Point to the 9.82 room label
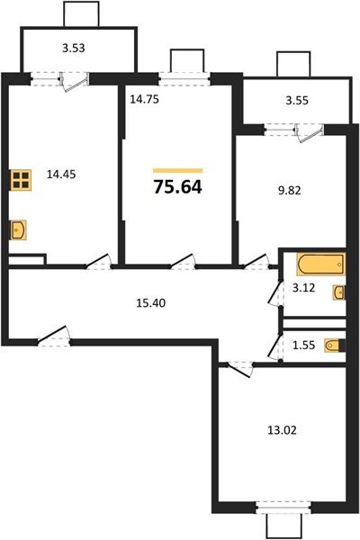tap(292, 191)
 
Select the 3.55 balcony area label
tap(297, 100)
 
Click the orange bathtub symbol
tap(320, 265)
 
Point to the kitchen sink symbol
tap(21, 230)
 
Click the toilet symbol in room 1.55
tap(333, 345)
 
